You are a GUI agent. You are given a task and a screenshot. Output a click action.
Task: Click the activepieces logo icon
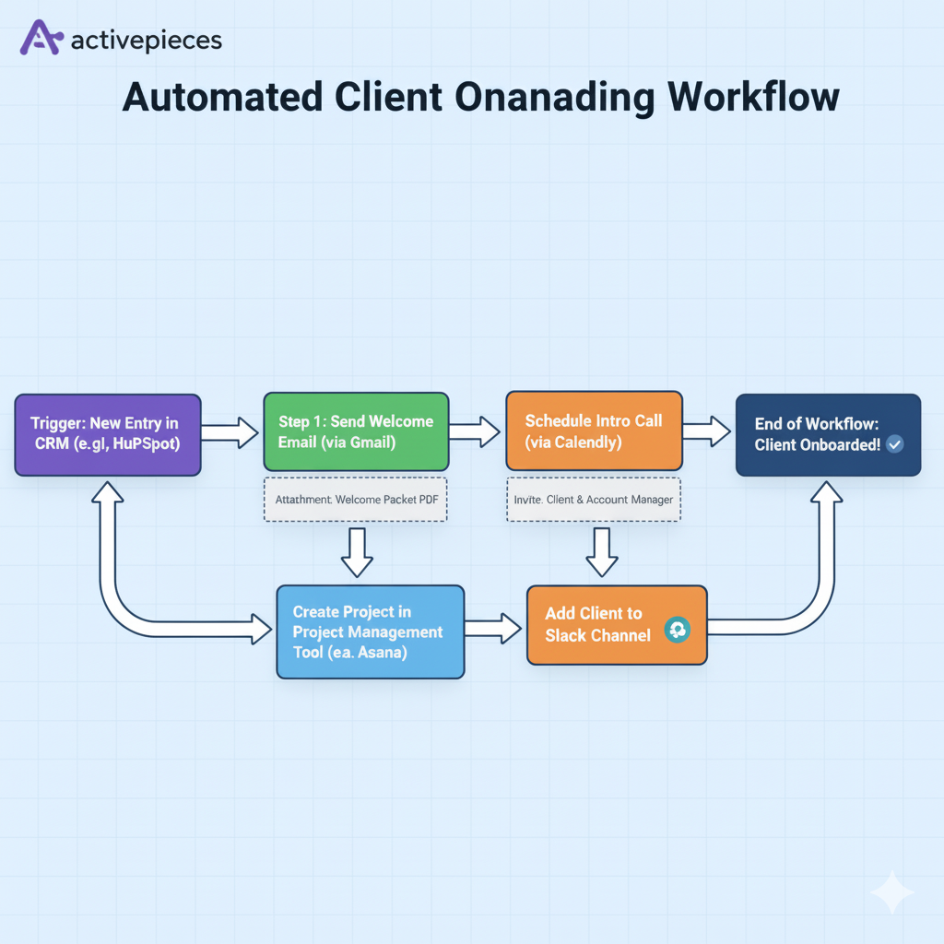tap(41, 39)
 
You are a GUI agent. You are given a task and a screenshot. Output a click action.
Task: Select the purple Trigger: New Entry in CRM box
tap(107, 435)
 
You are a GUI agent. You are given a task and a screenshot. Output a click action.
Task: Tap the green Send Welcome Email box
tap(356, 432)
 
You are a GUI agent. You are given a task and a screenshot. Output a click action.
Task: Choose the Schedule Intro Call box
tap(594, 431)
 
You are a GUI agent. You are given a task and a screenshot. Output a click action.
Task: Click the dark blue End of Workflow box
tap(828, 435)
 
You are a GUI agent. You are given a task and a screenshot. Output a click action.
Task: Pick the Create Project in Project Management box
tap(370, 631)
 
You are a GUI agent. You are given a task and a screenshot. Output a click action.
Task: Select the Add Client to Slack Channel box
tap(616, 625)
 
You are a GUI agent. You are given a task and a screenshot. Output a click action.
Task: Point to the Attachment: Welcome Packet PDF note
tap(356, 500)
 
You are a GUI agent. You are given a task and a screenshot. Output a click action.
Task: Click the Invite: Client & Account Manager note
tap(594, 500)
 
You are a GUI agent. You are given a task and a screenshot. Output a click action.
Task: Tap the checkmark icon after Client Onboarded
tap(893, 444)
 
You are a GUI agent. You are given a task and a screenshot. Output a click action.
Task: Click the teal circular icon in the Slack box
tap(677, 630)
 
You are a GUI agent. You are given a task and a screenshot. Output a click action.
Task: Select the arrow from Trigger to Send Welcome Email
tap(230, 431)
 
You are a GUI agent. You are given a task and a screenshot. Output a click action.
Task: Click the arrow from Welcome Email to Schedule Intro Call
tap(476, 430)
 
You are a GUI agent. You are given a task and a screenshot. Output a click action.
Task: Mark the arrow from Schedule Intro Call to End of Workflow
tap(707, 430)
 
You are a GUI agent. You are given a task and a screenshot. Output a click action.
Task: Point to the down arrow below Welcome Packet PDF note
tap(356, 552)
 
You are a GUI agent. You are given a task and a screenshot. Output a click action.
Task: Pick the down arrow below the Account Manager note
tap(602, 552)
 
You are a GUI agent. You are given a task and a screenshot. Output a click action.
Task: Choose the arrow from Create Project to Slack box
tap(494, 629)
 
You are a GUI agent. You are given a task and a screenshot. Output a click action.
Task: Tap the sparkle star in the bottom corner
tap(891, 891)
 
